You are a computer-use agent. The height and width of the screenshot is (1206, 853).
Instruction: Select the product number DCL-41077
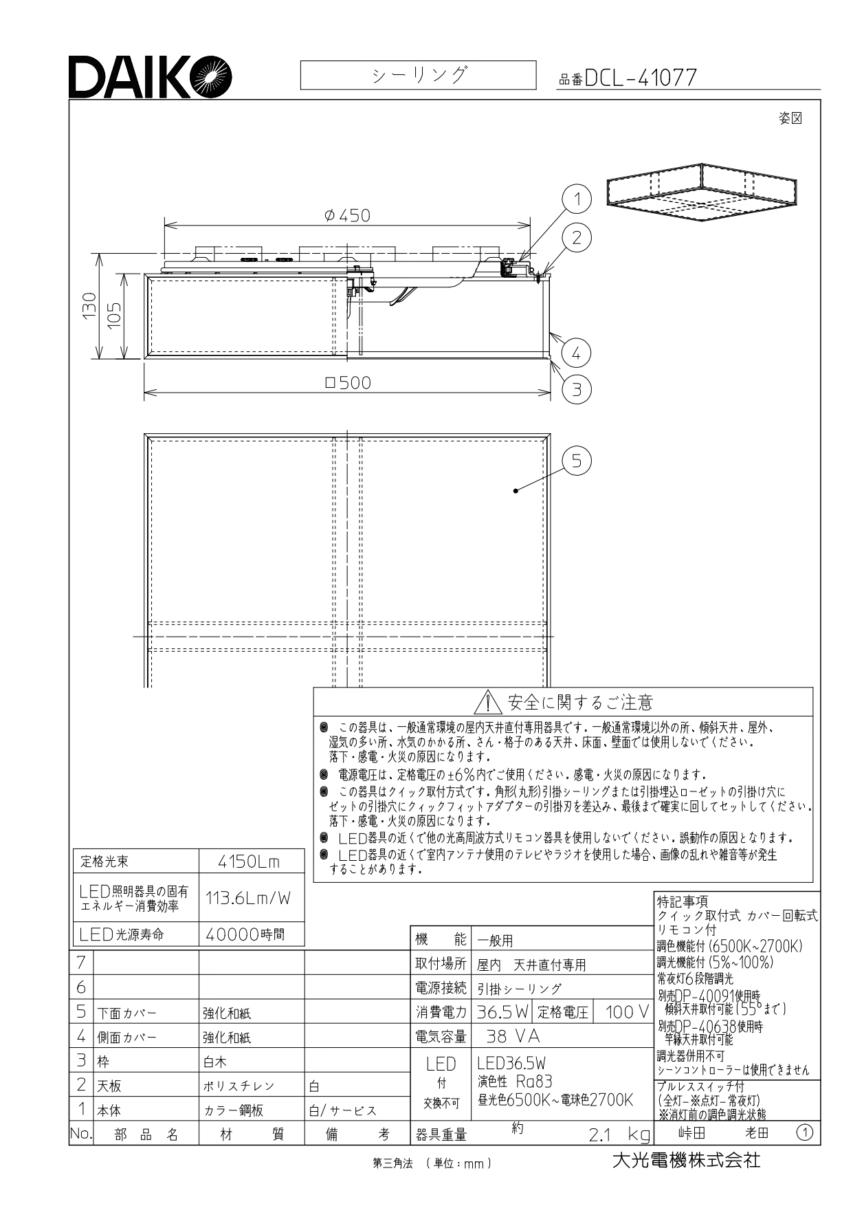(641, 78)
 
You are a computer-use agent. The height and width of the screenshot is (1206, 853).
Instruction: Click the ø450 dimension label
(348, 215)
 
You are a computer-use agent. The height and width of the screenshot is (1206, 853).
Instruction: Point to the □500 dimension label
(348, 382)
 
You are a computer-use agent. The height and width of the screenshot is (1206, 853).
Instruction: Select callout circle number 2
(577, 237)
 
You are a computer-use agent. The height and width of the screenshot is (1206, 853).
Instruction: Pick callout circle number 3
(577, 390)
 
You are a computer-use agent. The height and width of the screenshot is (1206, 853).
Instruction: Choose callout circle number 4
(577, 353)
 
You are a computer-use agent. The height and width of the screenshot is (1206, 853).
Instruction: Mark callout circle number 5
(577, 460)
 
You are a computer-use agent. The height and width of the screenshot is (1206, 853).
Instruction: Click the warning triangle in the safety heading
(487, 702)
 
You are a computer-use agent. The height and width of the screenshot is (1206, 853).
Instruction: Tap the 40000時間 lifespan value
(245, 934)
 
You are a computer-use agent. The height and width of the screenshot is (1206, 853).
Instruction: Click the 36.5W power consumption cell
(502, 1011)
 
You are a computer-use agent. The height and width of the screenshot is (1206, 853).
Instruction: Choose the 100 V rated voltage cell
(626, 1011)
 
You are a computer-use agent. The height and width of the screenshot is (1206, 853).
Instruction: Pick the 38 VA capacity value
(513, 1036)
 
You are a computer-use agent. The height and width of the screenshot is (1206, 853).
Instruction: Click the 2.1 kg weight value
(619, 1134)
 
